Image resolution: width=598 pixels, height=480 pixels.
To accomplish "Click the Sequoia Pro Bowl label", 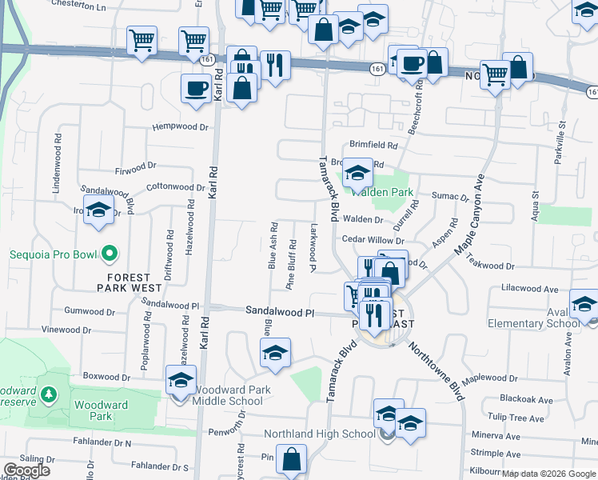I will coord(52,255).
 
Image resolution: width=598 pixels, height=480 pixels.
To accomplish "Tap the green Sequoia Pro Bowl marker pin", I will coord(110,255).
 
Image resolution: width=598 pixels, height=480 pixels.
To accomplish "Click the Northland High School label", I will coord(320,434).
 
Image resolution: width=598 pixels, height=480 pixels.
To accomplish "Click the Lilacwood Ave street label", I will coord(529,287).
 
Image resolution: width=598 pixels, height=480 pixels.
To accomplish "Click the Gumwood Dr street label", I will coord(90,310).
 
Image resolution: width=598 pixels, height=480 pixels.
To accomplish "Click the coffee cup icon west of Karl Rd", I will coord(196,90).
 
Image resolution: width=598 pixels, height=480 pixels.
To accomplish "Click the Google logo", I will coord(26,470).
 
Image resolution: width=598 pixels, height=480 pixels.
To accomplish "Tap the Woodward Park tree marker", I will coord(49,394).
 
